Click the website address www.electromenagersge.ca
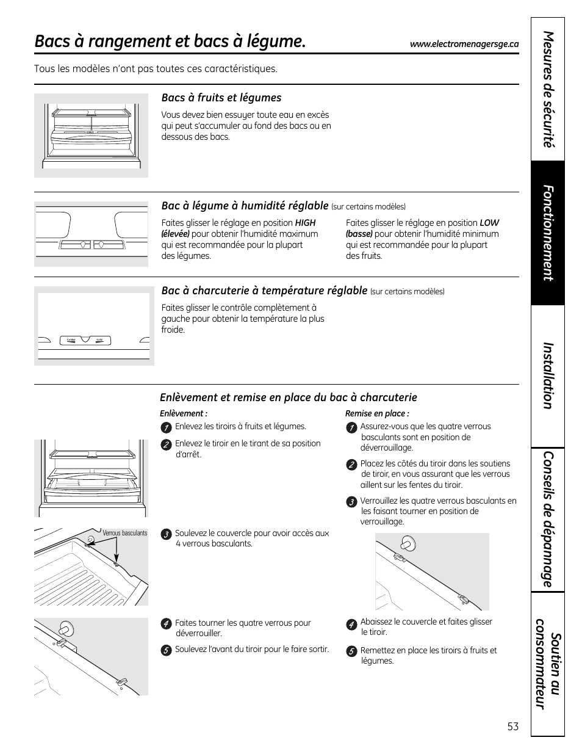click(464, 44)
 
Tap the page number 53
click(512, 727)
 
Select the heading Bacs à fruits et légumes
click(221, 98)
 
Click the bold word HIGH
click(305, 223)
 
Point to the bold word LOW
click(489, 223)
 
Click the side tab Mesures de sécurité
click(548, 89)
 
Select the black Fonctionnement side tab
click(548, 233)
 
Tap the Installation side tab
click(548, 375)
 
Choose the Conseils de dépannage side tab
click(548, 519)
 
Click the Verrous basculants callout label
click(124, 533)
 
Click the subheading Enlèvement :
click(184, 413)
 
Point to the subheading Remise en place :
click(377, 413)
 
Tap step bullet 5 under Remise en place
click(351, 651)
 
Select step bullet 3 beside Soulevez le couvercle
click(165, 534)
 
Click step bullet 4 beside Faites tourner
click(165, 624)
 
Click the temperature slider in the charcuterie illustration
click(85, 340)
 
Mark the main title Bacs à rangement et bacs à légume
click(170, 42)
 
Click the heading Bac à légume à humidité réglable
click(245, 206)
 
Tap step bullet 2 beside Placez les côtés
click(351, 465)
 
